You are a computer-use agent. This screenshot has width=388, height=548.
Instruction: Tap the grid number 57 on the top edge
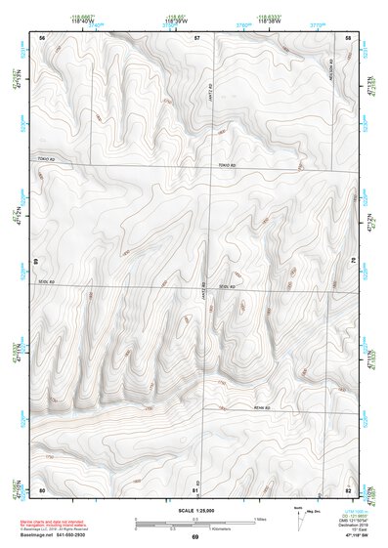tap(197, 37)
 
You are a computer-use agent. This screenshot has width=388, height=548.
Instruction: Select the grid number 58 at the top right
tap(349, 37)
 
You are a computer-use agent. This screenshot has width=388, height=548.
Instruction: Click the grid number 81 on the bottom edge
tap(196, 489)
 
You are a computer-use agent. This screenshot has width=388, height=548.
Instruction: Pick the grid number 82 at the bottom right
tap(349, 489)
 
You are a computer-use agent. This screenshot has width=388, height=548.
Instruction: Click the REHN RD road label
tap(260, 406)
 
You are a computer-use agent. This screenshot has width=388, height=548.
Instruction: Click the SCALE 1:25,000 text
tap(195, 510)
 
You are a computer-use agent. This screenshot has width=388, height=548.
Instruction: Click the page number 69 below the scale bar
tap(195, 538)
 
